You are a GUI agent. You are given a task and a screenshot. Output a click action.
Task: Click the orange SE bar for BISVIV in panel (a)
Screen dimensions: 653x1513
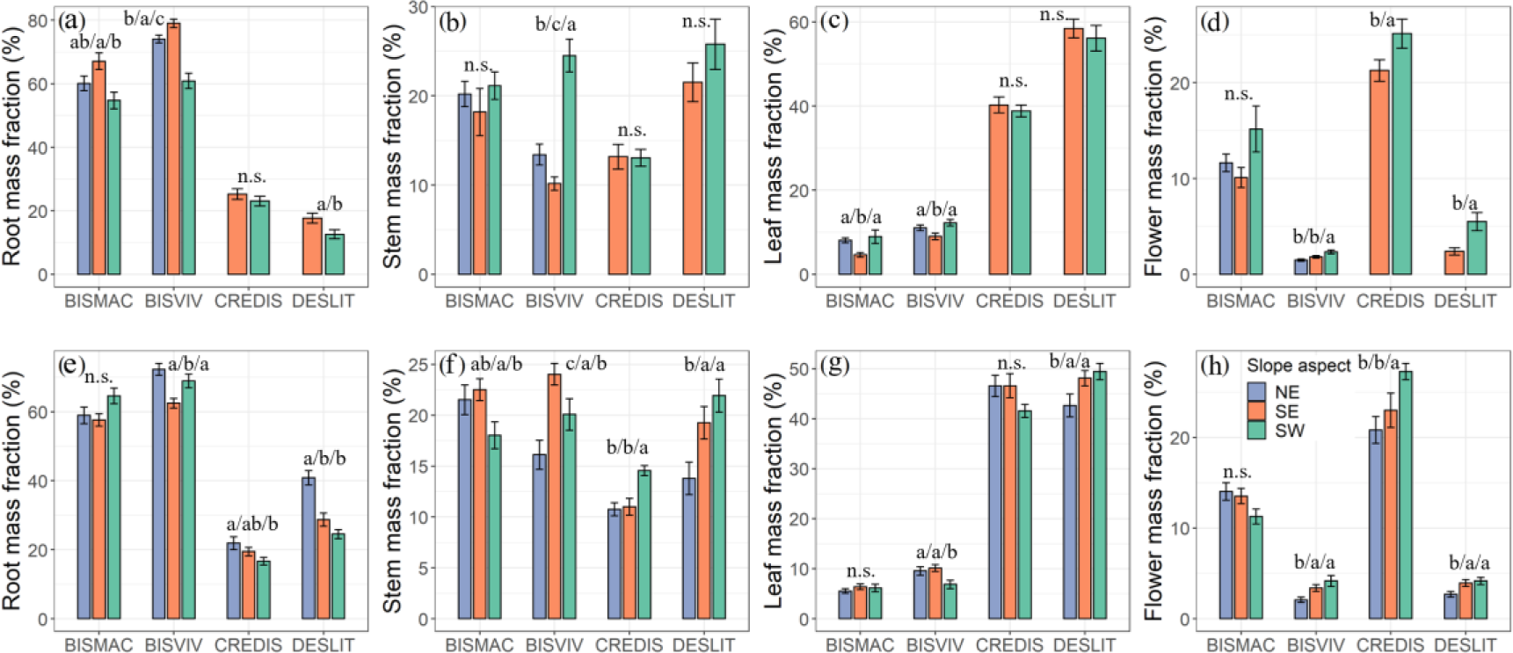(x=174, y=149)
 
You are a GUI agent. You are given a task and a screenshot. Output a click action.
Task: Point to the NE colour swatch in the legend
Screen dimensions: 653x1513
(x=1256, y=392)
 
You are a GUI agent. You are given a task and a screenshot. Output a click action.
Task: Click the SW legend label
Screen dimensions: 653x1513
(x=1290, y=431)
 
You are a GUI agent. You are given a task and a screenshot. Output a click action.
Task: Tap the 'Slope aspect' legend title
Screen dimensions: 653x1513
(x=1298, y=366)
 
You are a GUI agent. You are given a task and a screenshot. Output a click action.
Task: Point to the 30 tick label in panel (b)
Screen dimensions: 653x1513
(x=418, y=8)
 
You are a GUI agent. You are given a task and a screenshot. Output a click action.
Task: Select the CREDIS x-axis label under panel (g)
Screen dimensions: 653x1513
(x=1009, y=644)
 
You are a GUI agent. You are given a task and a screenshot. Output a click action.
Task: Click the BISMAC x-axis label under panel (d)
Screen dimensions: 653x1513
(x=1240, y=301)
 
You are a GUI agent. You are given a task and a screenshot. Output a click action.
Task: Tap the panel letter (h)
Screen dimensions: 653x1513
(x=1215, y=365)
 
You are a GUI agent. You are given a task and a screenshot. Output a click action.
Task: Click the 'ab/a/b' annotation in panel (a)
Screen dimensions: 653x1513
(x=95, y=42)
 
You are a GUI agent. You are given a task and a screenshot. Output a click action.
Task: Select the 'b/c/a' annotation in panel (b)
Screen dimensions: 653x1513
(x=556, y=25)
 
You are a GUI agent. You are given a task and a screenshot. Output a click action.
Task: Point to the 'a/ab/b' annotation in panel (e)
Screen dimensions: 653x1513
(x=251, y=524)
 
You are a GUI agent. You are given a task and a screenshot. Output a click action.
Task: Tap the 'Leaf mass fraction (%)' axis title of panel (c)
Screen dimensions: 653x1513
(x=774, y=145)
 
